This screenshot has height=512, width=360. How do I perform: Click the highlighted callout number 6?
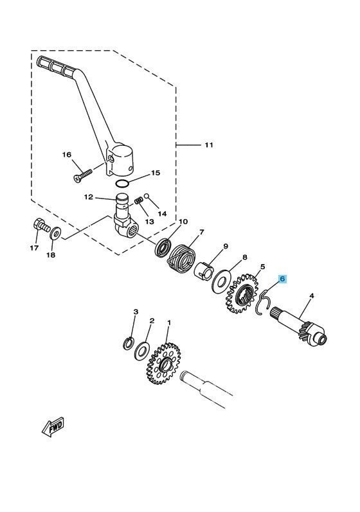[x=282, y=279]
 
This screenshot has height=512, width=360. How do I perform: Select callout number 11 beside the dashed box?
[x=190, y=145]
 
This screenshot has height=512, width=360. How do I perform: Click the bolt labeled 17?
[x=40, y=227]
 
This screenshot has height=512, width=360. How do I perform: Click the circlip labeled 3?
[x=128, y=342]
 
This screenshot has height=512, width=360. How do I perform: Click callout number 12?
[x=89, y=197]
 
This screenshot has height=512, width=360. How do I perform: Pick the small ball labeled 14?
[x=146, y=197]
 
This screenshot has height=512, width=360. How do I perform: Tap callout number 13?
[x=148, y=220]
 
